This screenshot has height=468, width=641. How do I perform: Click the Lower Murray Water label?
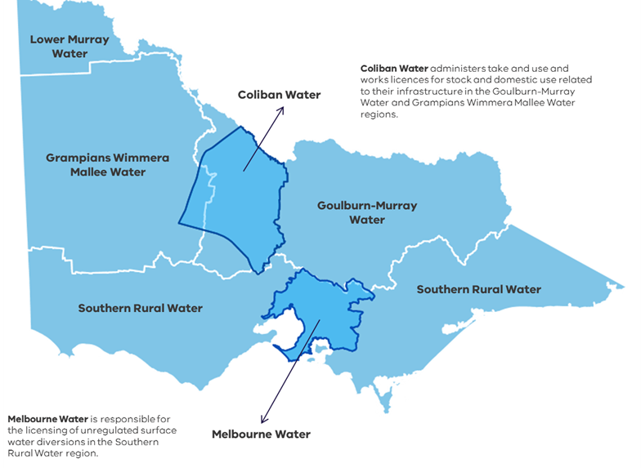click(58, 46)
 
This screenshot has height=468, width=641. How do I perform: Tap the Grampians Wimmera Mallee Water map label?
click(107, 164)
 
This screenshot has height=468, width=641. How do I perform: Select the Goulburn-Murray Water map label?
click(366, 212)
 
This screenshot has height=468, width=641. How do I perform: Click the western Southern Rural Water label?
click(140, 308)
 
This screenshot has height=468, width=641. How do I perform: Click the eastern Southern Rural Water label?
click(478, 289)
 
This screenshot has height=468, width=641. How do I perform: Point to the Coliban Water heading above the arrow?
click(279, 95)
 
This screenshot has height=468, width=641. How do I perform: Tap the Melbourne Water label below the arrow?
click(261, 434)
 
